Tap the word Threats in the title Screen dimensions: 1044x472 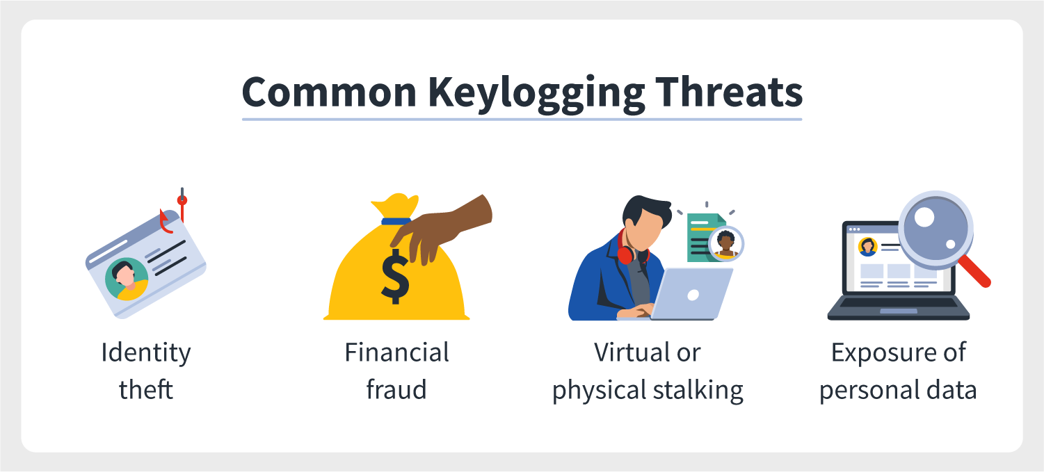pyautogui.click(x=729, y=91)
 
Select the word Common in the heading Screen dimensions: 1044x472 pyautogui.click(x=329, y=92)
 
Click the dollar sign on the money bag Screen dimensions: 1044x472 pyautogui.click(x=395, y=276)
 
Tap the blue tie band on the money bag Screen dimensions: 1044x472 pyautogui.click(x=396, y=221)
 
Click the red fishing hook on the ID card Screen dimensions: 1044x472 pyautogui.click(x=173, y=212)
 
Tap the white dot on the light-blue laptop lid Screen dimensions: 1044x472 pyautogui.click(x=693, y=295)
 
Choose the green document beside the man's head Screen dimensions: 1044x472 pyautogui.click(x=706, y=238)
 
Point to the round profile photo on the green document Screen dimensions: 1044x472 pyautogui.click(x=726, y=244)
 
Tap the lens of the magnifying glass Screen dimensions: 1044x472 pyautogui.click(x=935, y=229)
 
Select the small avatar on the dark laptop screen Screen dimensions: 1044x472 pyautogui.click(x=868, y=247)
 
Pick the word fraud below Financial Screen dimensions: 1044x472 pyautogui.click(x=396, y=389)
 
